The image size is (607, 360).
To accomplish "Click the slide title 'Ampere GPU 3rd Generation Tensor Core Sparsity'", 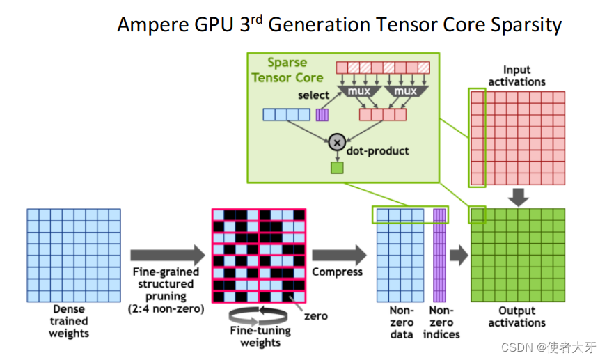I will pos(339,25).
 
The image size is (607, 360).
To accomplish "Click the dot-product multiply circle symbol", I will pos(337,142).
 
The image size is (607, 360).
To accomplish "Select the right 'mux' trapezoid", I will pos(404,91).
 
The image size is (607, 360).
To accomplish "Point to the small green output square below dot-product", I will pos(337,167).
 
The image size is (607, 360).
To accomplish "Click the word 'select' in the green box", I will pos(313,95).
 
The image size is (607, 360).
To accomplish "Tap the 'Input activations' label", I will pos(517,75).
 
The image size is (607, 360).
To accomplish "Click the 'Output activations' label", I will pos(517,317).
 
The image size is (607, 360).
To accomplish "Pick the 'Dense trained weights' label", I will pos(68,321).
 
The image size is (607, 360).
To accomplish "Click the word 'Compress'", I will pos(337,272).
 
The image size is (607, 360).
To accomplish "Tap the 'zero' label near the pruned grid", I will pos(315,315).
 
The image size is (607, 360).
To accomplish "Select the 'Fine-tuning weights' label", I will pos(260,336).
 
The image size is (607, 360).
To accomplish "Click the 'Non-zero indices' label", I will pos(441,322).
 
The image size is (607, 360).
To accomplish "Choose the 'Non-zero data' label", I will pos(402,322).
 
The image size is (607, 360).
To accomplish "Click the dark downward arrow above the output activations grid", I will pos(517,197).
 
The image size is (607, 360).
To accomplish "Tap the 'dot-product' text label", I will pos(378,150).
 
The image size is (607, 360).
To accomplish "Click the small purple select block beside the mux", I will pos(322,115).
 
